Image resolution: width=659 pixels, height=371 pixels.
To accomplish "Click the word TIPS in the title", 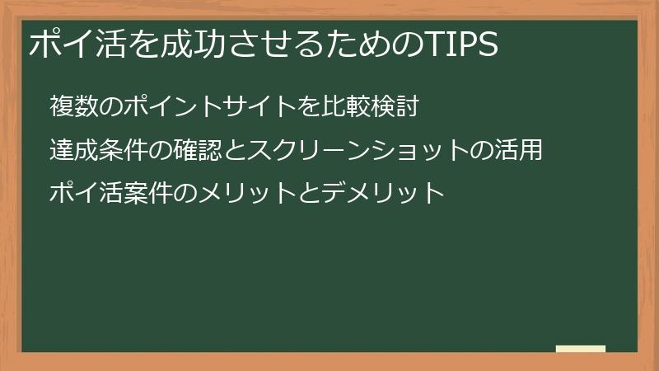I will (x=463, y=45).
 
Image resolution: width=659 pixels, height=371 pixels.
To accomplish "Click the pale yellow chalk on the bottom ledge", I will (x=581, y=350).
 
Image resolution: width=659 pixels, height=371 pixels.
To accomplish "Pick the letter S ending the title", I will (x=488, y=45).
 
